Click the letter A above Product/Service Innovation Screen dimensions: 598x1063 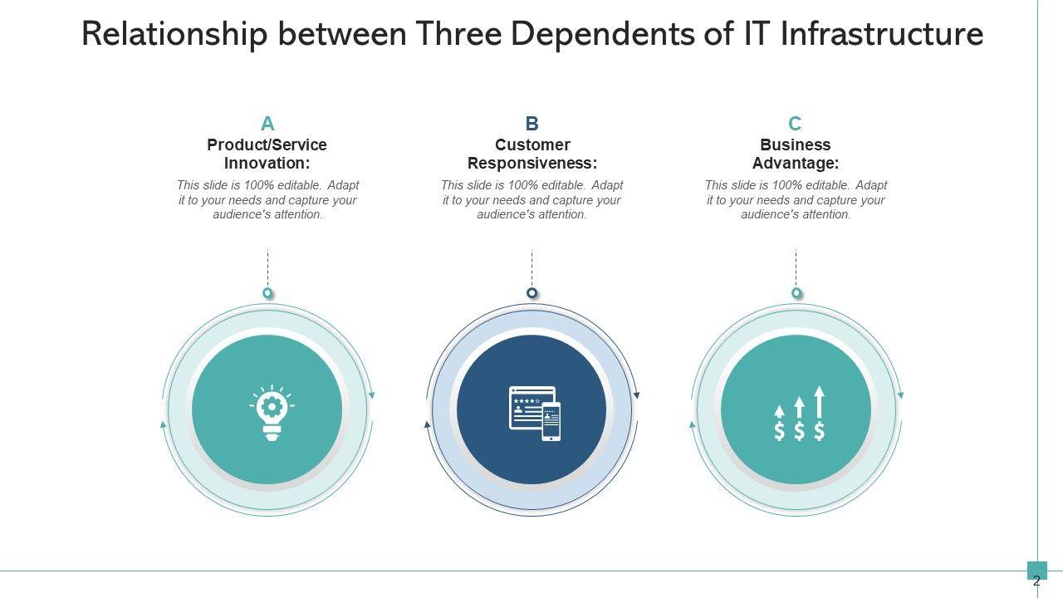[267, 124]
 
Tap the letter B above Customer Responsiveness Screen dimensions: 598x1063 [532, 124]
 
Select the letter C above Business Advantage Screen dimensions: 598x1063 [795, 124]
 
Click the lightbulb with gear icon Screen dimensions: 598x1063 [271, 411]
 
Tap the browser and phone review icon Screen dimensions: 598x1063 [535, 413]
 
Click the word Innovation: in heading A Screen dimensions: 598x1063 [267, 164]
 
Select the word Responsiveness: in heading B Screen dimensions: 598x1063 [532, 164]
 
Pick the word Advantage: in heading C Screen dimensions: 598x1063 [796, 164]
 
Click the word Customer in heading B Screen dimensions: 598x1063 [532, 145]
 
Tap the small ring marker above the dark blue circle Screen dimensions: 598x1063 [532, 293]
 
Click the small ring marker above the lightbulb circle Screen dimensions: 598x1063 [267, 293]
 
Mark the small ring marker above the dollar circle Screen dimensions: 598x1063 [796, 293]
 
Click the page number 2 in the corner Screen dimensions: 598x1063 [1036, 581]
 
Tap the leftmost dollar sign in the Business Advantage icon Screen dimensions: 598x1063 [779, 431]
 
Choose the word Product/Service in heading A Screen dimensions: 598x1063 [267, 145]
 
